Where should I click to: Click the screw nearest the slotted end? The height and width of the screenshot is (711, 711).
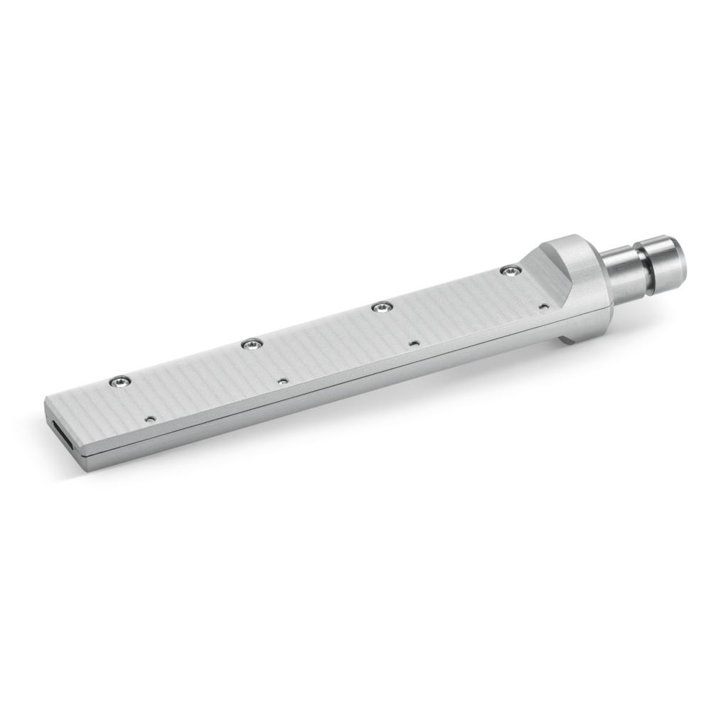(x=119, y=383)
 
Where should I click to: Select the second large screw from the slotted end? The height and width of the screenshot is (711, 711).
(x=250, y=345)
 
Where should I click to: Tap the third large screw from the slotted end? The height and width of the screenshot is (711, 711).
(x=382, y=307)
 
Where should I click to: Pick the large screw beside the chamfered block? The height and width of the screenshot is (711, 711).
(x=509, y=270)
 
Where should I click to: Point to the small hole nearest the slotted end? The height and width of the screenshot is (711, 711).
(x=150, y=419)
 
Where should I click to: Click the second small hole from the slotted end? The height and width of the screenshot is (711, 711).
(x=283, y=381)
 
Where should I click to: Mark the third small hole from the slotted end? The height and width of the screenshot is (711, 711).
(x=415, y=343)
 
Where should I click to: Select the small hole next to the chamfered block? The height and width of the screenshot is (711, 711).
(x=543, y=306)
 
